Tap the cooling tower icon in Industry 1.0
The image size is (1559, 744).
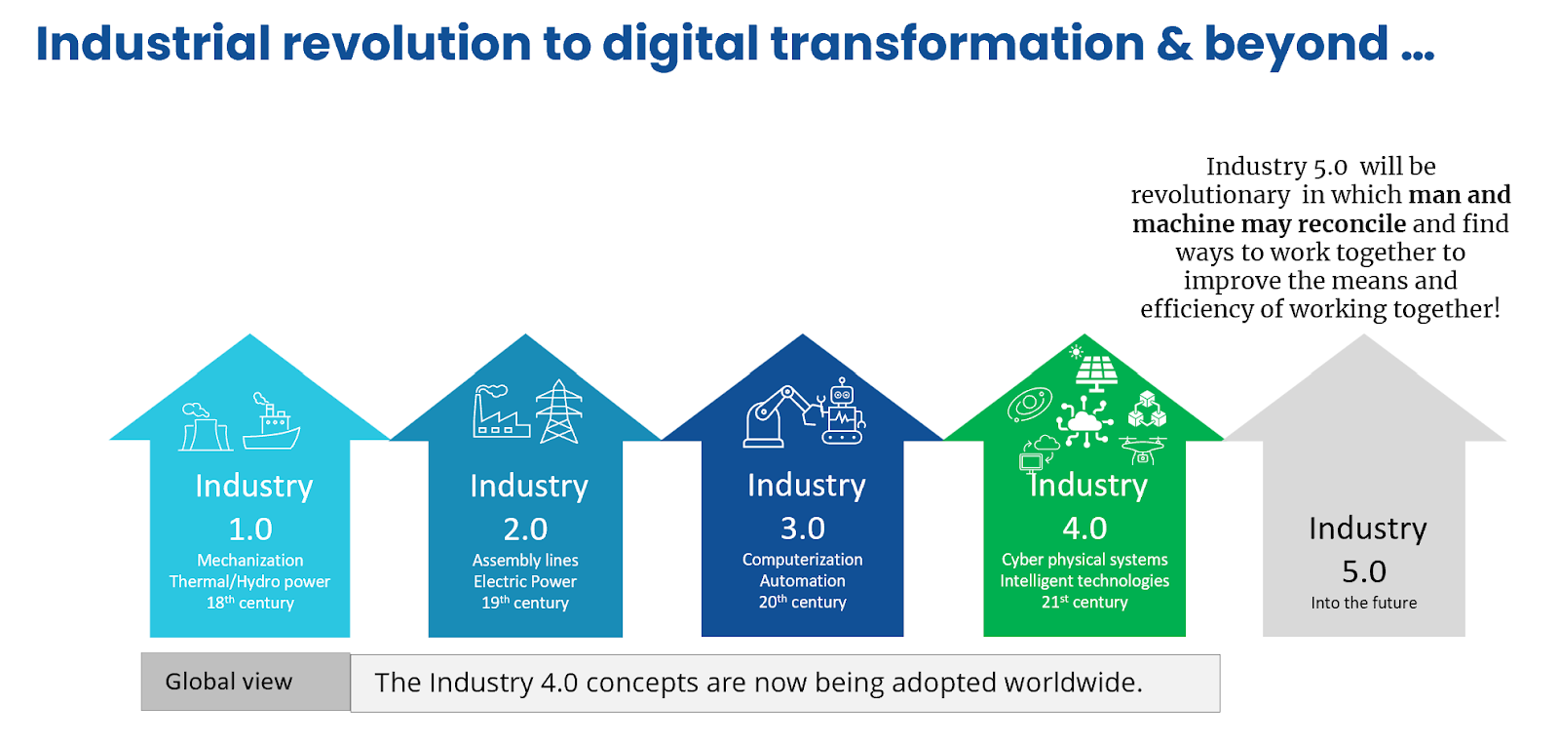[x=205, y=426]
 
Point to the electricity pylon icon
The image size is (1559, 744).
[x=559, y=411]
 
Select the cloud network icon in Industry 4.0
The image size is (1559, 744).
[x=1084, y=420]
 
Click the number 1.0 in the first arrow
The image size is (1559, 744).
[x=250, y=529]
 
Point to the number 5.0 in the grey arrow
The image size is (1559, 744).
[x=1364, y=572]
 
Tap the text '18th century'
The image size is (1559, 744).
[x=250, y=603]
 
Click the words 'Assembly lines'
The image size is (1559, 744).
[x=525, y=560]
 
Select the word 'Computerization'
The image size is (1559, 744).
[x=803, y=560]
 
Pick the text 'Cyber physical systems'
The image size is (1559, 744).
[x=1084, y=560]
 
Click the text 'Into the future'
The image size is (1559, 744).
[x=1364, y=603]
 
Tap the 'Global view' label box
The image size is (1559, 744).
[x=246, y=682]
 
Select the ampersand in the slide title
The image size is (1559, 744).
[x=1174, y=43]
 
